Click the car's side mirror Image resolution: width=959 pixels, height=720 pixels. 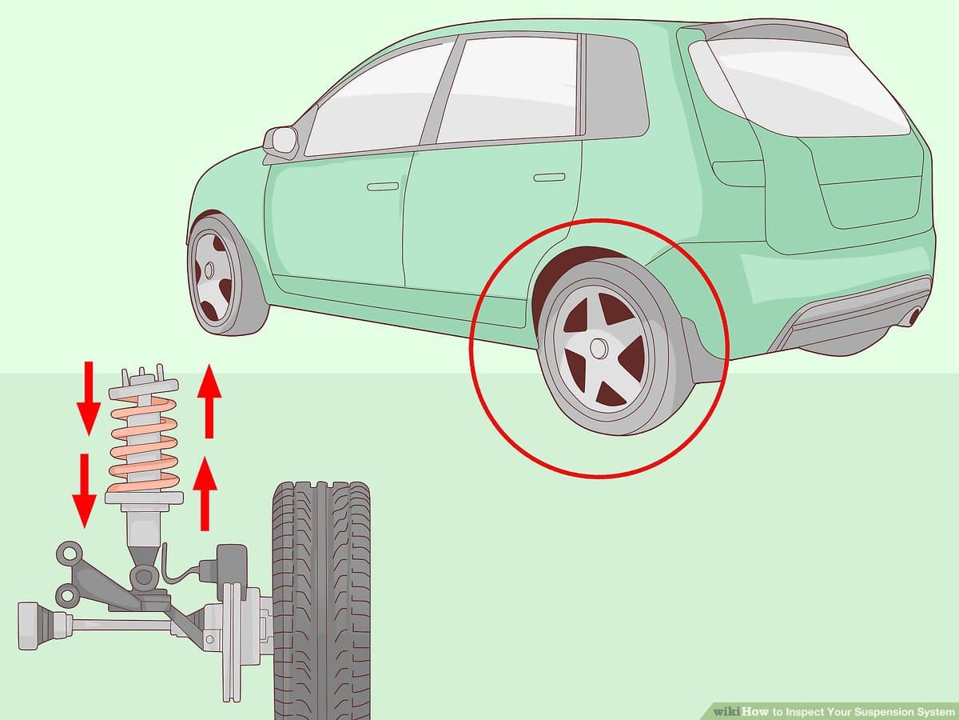[x=282, y=142]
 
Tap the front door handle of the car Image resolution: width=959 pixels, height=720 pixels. [x=382, y=186]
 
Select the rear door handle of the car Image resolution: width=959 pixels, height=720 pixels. [x=549, y=176]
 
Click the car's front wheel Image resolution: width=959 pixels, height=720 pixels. [x=216, y=276]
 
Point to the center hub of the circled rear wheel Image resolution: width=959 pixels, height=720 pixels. [x=597, y=349]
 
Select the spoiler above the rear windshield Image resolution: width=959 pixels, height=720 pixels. [x=767, y=30]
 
